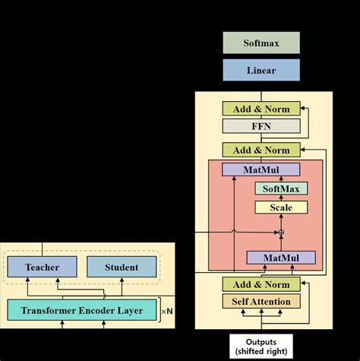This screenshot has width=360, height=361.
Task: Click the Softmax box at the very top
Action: pyautogui.click(x=261, y=43)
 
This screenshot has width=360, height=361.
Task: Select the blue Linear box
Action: pyautogui.click(x=261, y=70)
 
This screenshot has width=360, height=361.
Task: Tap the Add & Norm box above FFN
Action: pyautogui.click(x=261, y=109)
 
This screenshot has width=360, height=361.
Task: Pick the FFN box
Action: pyautogui.click(x=261, y=126)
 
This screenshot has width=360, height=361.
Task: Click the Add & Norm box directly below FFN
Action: pyautogui.click(x=261, y=150)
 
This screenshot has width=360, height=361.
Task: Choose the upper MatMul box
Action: pyautogui.click(x=261, y=169)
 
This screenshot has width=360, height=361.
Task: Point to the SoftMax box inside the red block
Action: pyautogui.click(x=281, y=188)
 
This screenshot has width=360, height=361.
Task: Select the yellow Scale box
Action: pyautogui.click(x=281, y=207)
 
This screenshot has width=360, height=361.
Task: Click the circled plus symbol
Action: pyautogui.click(x=281, y=231)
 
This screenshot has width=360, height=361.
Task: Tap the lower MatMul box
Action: pyautogui.click(x=281, y=258)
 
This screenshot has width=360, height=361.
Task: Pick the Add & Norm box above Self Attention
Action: pyautogui.click(x=261, y=283)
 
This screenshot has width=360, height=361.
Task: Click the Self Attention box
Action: pyautogui.click(x=261, y=302)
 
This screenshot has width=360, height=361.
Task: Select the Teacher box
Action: pyautogui.click(x=42, y=267)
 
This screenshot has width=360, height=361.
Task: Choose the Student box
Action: pyautogui.click(x=122, y=267)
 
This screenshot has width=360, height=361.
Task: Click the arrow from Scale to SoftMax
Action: pyautogui.click(x=281, y=198)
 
